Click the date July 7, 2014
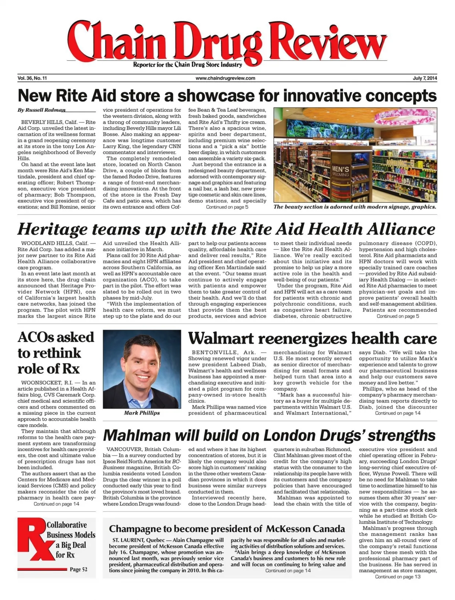425,78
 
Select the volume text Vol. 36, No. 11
32,78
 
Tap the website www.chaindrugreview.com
225,78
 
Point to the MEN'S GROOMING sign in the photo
340,170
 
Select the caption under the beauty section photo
355,207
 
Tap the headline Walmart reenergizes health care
312,338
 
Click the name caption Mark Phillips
142,413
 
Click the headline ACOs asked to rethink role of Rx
56,353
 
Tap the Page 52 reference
78,569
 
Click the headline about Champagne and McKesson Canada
227,529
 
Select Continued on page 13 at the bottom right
398,577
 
